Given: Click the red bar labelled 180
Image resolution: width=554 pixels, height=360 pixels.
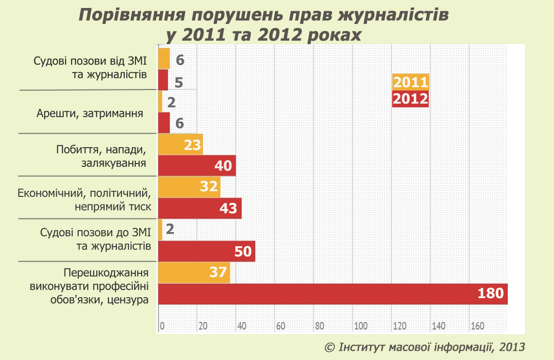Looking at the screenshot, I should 333,294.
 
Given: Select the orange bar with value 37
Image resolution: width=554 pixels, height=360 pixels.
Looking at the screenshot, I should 194,272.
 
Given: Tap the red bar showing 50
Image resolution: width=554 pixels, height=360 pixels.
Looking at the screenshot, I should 207,251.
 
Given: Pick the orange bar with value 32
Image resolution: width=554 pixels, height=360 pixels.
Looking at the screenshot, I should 190,187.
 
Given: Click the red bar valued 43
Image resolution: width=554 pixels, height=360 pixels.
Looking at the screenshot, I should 200,208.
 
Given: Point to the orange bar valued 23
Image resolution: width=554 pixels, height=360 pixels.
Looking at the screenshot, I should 181,144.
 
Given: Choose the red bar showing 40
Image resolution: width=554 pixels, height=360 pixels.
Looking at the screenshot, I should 197,166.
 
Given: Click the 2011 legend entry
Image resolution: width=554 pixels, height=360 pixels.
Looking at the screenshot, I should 410,82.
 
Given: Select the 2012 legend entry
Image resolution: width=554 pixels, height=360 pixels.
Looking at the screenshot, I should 410,99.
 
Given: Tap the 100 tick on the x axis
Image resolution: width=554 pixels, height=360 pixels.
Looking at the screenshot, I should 361,326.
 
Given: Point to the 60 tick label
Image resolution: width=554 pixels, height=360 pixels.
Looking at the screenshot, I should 281,326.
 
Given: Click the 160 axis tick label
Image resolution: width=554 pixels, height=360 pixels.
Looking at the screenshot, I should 478,326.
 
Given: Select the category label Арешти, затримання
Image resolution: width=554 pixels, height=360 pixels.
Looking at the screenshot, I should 90,113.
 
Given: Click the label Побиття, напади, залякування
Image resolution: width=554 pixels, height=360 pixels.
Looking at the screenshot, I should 101,157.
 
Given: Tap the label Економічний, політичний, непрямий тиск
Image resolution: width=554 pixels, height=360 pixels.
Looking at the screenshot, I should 84,200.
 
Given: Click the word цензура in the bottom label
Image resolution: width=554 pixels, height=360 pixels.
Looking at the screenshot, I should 128,300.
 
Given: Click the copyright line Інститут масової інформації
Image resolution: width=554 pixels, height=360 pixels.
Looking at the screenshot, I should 425,347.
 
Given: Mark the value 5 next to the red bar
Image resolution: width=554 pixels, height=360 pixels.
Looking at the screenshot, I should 178,82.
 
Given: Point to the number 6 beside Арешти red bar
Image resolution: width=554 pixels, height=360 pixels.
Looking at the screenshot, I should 179,123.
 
